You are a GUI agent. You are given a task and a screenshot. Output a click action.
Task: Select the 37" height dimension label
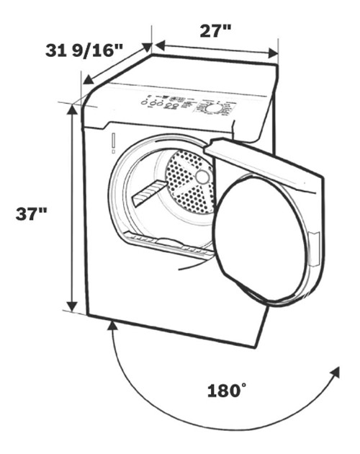(33, 213)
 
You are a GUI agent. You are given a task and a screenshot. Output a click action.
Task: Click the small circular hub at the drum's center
(203, 176)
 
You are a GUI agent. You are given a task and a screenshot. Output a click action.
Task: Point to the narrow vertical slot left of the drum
(114, 143)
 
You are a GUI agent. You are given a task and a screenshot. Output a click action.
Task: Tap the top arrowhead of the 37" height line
(72, 108)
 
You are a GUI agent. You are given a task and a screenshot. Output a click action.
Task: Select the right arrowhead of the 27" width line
(274, 53)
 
